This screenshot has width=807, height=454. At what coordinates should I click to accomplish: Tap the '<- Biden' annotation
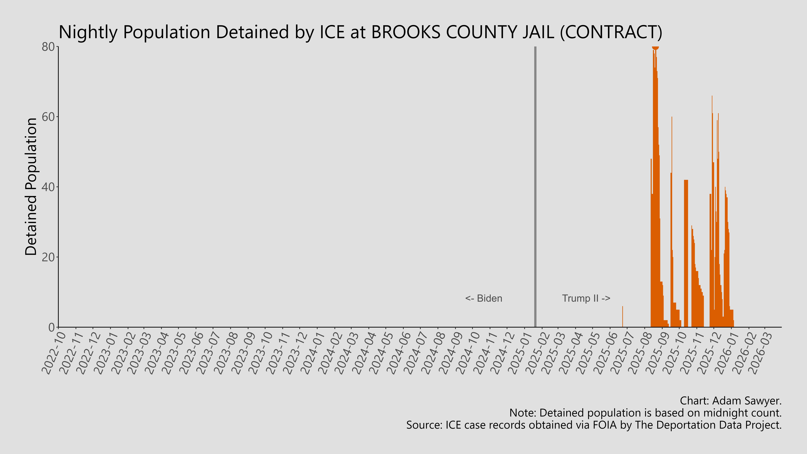[x=484, y=298]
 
